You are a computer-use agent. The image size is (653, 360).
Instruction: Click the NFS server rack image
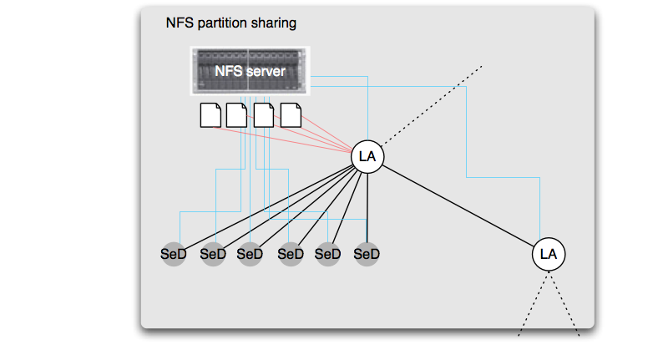(250, 71)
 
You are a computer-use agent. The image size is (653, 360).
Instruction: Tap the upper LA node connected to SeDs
(367, 157)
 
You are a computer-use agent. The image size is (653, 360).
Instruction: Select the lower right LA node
(549, 254)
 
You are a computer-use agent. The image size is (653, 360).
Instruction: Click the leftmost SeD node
(173, 254)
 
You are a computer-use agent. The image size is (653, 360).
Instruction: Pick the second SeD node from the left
(213, 254)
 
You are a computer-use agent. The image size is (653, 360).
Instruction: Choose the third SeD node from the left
(250, 254)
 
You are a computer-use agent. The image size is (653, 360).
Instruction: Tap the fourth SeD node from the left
(291, 254)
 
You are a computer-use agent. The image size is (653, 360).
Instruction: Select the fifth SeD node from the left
(327, 254)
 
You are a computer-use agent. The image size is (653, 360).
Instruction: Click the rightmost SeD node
(367, 254)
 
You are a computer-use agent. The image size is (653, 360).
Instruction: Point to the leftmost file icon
(210, 115)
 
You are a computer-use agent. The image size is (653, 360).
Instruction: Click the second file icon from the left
(236, 115)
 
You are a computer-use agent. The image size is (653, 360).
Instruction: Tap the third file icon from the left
(264, 115)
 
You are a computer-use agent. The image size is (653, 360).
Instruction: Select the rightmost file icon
(291, 115)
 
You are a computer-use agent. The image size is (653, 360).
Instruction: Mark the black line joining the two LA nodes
(458, 205)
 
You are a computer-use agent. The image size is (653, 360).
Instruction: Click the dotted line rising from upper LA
(432, 105)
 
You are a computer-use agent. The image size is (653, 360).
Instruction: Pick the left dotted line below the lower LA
(533, 304)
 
